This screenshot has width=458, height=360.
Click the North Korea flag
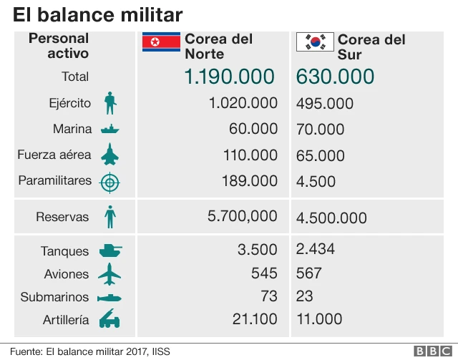(x=160, y=43)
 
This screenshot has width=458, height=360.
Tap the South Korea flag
(x=314, y=43)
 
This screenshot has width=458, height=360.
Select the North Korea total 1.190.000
(x=229, y=77)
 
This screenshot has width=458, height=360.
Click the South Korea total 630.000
(x=335, y=77)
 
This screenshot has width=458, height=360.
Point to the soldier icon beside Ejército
(x=109, y=103)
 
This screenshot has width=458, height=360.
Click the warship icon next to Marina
(x=109, y=130)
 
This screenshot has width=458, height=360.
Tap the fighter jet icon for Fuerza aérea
(x=109, y=155)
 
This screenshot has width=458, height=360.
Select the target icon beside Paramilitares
(x=109, y=182)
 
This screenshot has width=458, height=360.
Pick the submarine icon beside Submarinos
(x=109, y=297)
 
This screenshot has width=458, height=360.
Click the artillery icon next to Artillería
(x=109, y=320)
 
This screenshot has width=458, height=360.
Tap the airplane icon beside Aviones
(x=109, y=273)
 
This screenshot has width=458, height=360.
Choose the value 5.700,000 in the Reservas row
(x=242, y=216)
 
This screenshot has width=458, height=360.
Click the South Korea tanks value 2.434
(x=316, y=250)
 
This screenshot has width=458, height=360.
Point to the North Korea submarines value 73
(x=268, y=296)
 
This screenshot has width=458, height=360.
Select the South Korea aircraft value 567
(x=309, y=273)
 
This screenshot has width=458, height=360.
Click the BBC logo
(x=432, y=351)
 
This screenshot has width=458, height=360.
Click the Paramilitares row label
(x=55, y=180)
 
